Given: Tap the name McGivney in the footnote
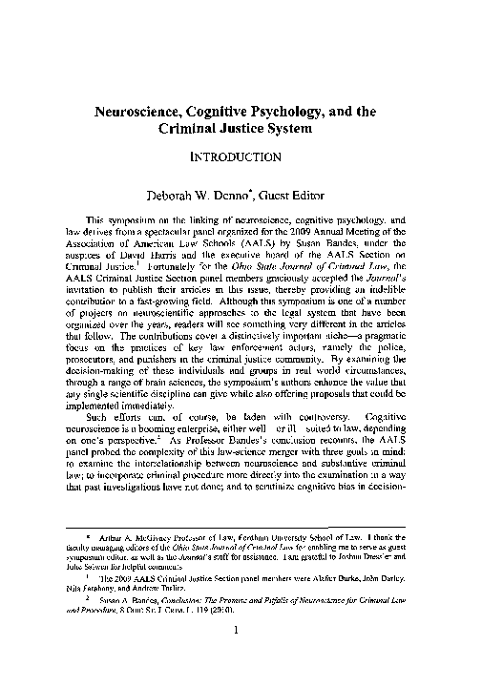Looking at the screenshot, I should (139, 593).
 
